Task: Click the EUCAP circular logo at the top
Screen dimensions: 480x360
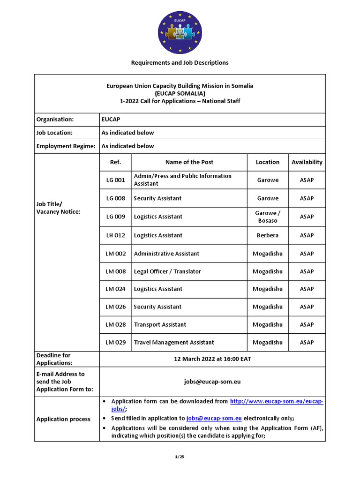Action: pyautogui.click(x=180, y=32)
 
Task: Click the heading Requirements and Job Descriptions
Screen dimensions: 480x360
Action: pyautogui.click(x=180, y=62)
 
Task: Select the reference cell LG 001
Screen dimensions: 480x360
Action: pyautogui.click(x=115, y=180)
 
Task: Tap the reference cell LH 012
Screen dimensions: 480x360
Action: pyautogui.click(x=115, y=235)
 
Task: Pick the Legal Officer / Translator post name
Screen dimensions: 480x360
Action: pyautogui.click(x=167, y=271)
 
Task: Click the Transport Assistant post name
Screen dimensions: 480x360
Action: pyautogui.click(x=160, y=324)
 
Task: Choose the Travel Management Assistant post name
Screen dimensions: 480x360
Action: pyautogui.click(x=174, y=343)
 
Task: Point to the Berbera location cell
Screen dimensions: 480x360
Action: pyautogui.click(x=268, y=235)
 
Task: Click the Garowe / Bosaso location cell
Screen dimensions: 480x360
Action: pyautogui.click(x=268, y=217)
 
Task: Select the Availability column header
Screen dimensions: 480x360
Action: pyautogui.click(x=307, y=162)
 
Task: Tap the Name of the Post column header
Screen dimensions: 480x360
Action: pyautogui.click(x=189, y=162)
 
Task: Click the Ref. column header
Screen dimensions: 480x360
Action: pyautogui.click(x=115, y=162)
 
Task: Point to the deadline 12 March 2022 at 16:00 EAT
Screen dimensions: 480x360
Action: pyautogui.click(x=212, y=359)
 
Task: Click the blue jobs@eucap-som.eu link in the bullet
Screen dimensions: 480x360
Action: pyautogui.click(x=214, y=418)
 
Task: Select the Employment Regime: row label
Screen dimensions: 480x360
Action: pyautogui.click(x=66, y=146)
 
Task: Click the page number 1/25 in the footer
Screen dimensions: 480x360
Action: pyautogui.click(x=180, y=457)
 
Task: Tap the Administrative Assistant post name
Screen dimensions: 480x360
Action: pyautogui.click(x=166, y=254)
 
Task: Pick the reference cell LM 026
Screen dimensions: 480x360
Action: pyautogui.click(x=115, y=307)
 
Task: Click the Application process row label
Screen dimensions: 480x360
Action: pyautogui.click(x=63, y=419)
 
